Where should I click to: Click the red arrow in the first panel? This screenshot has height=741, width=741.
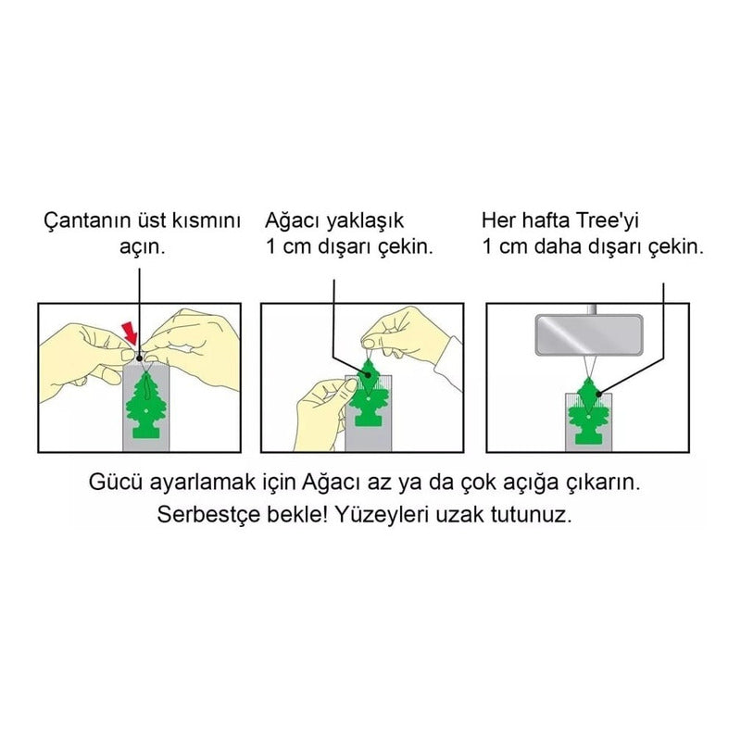pos(131,333)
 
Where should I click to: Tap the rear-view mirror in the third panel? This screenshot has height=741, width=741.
pos(589,335)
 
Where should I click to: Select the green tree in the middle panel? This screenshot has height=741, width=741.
pos(366,393)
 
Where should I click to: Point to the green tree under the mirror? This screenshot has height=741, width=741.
pos(587,410)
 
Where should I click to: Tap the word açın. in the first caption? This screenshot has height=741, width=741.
pos(143,246)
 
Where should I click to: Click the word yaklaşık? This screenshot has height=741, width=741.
pos(366,221)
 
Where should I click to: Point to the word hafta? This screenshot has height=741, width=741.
pos(547,220)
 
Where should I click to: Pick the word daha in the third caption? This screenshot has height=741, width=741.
pos(554,246)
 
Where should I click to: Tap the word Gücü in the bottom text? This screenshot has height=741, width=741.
pos(116,483)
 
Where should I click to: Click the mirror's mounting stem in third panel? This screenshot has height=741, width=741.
pos(591,309)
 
